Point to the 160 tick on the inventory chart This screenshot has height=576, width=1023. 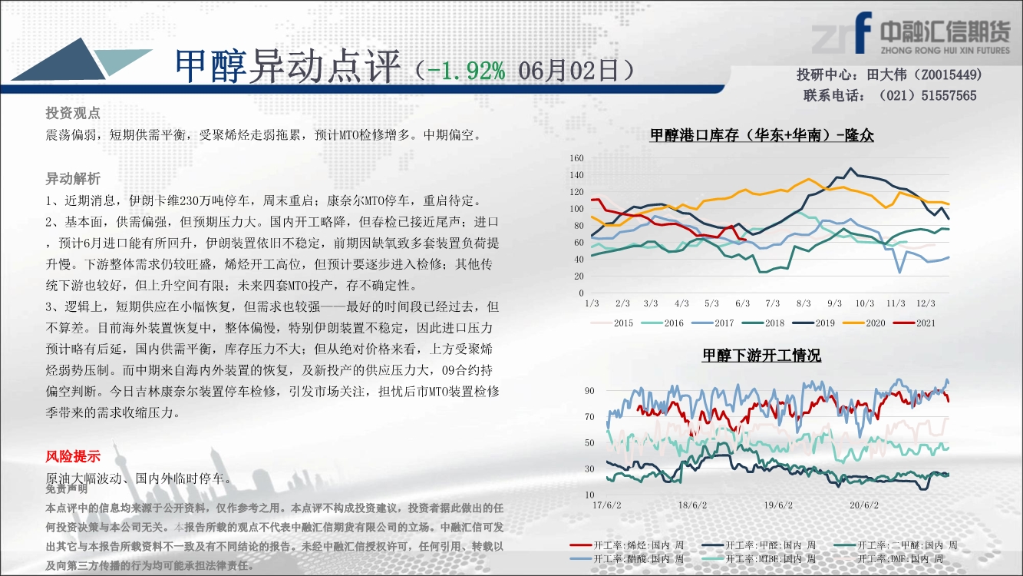tap(576, 158)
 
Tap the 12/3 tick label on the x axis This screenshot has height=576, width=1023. tap(926, 303)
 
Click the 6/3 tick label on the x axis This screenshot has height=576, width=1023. tap(743, 303)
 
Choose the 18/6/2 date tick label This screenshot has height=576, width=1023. tap(692, 505)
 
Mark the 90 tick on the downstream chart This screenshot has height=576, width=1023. tap(589, 391)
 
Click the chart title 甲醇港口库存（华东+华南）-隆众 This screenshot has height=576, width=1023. tap(762, 135)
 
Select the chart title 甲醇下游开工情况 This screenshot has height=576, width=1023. tap(762, 355)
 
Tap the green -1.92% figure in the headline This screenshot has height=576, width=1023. tap(466, 71)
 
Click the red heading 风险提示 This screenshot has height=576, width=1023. tap(73, 456)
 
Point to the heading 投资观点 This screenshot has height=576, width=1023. tap(73, 113)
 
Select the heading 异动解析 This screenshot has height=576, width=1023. tap(73, 179)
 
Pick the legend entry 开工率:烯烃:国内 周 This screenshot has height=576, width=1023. tap(627, 545)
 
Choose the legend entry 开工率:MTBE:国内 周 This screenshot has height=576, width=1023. tap(758, 558)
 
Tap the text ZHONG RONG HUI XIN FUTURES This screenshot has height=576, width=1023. tap(945, 50)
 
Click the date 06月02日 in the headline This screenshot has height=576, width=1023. tap(568, 71)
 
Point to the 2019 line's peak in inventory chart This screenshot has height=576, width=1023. tap(850, 168)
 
